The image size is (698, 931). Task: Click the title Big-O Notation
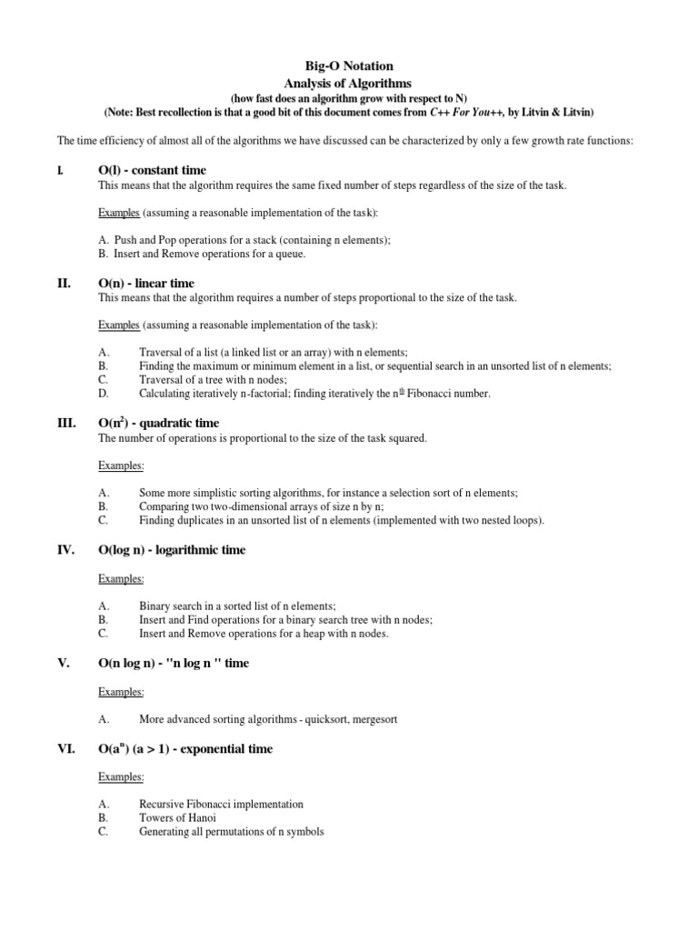(x=348, y=66)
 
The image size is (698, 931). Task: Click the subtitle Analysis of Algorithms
(x=348, y=82)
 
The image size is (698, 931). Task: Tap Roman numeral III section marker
(x=65, y=423)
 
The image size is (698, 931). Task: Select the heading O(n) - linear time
(x=145, y=283)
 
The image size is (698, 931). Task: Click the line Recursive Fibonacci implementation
(x=221, y=804)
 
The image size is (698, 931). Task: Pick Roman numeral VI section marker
(x=65, y=749)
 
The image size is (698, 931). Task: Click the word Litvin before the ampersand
(x=527, y=111)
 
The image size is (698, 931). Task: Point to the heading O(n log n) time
(x=173, y=663)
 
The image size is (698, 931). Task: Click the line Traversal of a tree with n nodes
(x=213, y=379)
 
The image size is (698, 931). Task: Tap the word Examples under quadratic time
(x=121, y=465)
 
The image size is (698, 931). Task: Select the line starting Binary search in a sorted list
(x=237, y=606)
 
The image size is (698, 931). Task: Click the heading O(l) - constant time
(x=152, y=170)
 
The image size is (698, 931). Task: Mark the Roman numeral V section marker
(x=64, y=663)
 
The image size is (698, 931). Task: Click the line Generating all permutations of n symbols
(x=231, y=831)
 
